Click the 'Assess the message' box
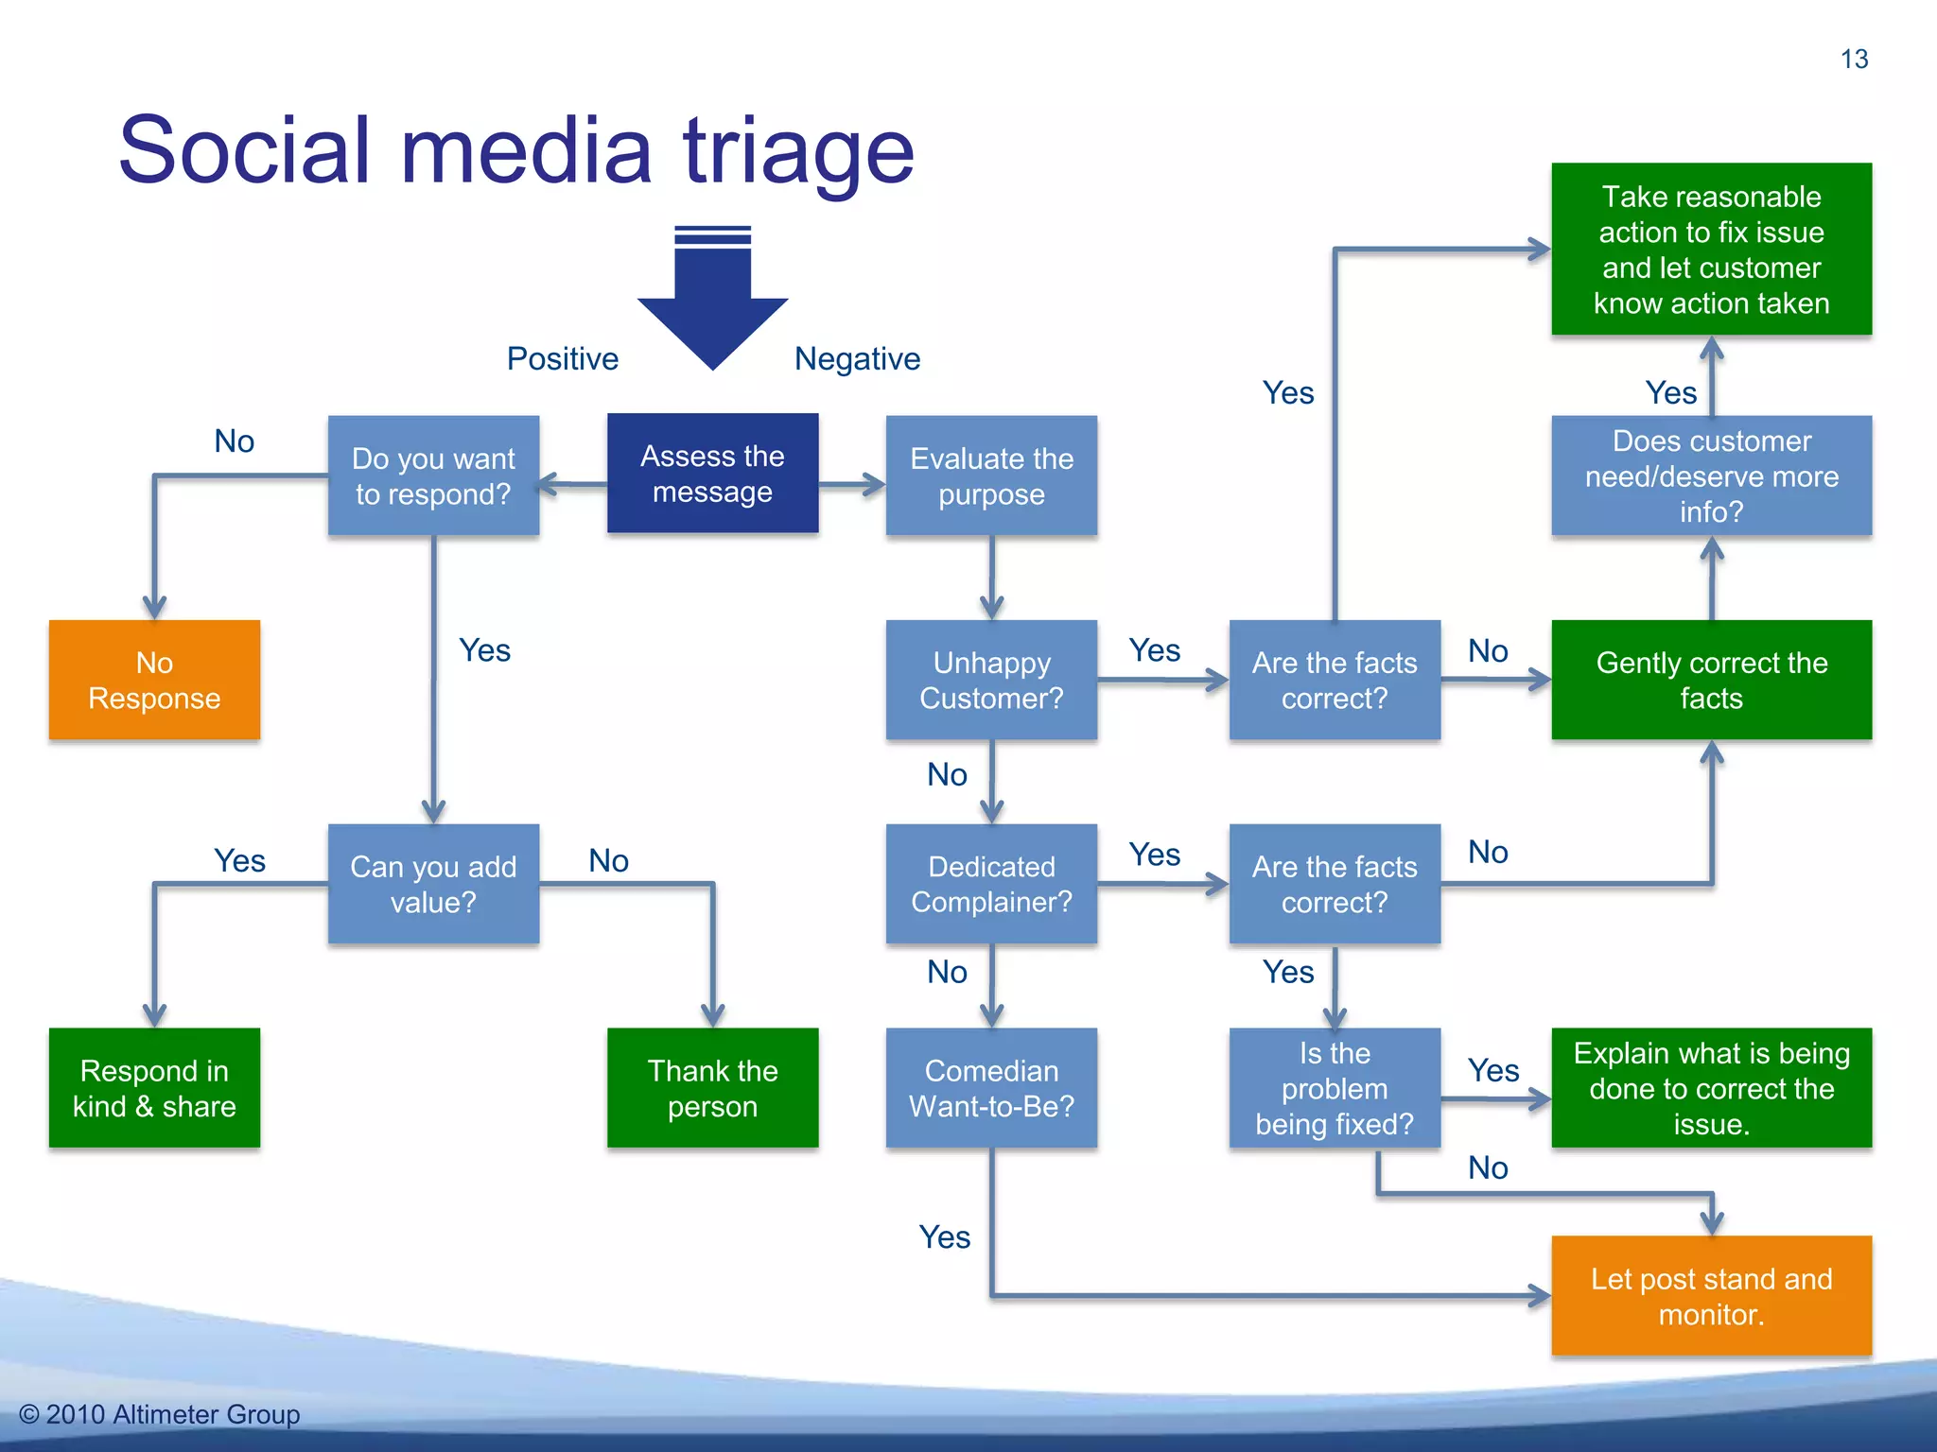point(712,474)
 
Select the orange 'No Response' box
point(154,680)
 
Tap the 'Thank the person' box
point(712,1088)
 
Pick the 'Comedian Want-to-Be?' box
point(991,1088)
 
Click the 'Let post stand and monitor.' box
point(1711,1296)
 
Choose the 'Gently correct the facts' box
point(1711,680)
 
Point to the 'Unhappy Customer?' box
point(991,680)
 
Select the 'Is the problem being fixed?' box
point(1335,1088)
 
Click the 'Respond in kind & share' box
point(154,1088)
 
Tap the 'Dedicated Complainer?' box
point(991,884)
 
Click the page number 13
point(1854,60)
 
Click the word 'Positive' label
point(562,359)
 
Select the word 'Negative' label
point(857,359)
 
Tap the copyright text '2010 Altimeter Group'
point(172,1414)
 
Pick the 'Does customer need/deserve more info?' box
point(1711,475)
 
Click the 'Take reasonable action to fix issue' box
point(1711,250)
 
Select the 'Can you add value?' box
point(433,884)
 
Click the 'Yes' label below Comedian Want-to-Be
point(944,1236)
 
